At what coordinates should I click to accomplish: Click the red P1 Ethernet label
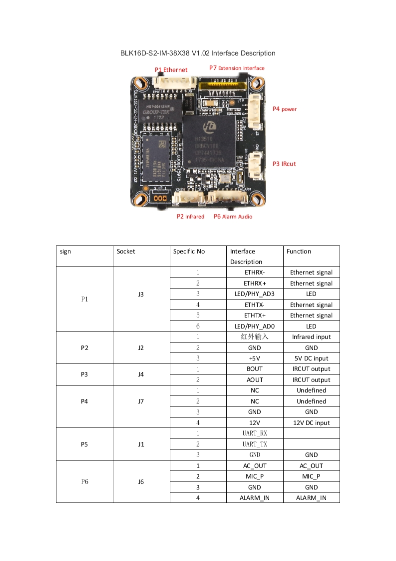[171, 70]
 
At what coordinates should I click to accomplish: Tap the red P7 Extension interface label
[237, 68]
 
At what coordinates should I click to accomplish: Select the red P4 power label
[285, 108]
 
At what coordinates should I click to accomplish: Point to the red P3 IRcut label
[284, 163]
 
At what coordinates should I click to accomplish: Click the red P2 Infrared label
[190, 216]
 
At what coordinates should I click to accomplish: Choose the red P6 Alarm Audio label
[233, 216]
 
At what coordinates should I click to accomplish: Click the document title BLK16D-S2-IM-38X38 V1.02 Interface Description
[198, 53]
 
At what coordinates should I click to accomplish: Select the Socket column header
[126, 251]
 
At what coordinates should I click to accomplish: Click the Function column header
[299, 251]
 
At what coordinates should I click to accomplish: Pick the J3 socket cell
[141, 294]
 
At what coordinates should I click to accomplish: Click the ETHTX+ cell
[255, 315]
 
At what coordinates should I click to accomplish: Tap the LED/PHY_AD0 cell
[255, 326]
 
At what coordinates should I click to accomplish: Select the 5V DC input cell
[311, 358]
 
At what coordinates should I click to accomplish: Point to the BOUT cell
[255, 369]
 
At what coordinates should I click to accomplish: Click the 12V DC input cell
[311, 422]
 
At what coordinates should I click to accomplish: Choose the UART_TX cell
[255, 444]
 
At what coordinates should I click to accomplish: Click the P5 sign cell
[84, 444]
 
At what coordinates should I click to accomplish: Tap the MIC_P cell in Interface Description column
[255, 476]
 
